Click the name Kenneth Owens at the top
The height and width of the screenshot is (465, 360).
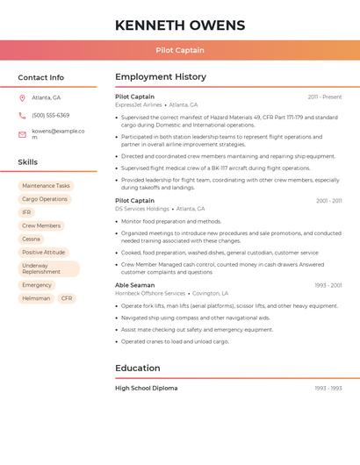[x=180, y=25]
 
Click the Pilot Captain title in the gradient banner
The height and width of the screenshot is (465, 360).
[x=180, y=50]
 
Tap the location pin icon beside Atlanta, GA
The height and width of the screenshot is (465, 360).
[x=22, y=97]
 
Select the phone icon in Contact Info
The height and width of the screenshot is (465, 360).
[x=22, y=115]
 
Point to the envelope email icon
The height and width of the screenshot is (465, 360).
[x=22, y=134]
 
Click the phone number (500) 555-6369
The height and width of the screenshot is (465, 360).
[x=51, y=115]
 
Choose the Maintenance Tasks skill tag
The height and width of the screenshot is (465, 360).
[x=46, y=186]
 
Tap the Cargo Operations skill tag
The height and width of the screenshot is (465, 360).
[x=45, y=199]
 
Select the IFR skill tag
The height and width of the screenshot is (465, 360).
[x=26, y=212]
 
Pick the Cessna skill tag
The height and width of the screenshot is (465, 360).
[x=31, y=239]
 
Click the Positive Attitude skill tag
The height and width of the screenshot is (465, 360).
[x=44, y=252]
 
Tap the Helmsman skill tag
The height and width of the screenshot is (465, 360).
[x=36, y=298]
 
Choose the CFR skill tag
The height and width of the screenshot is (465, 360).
[x=67, y=298]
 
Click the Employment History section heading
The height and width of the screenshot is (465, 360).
[x=161, y=77]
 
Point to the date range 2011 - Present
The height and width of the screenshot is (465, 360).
[x=325, y=97]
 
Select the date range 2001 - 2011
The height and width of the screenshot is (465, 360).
[x=329, y=201]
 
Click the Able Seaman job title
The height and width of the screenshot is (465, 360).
[x=134, y=285]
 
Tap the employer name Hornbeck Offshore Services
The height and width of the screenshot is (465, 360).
[x=150, y=293]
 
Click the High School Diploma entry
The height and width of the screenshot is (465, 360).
[x=146, y=388]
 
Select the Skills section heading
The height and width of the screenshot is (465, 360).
[x=28, y=162]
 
